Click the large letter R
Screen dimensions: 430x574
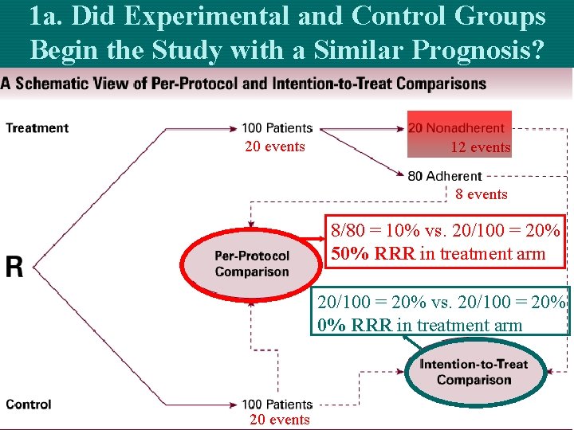pos(15,267)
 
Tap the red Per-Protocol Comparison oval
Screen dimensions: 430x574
pos(251,264)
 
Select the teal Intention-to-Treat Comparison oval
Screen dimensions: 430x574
pos(474,372)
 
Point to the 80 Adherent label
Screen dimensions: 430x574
pos(445,176)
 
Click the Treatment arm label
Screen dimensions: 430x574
pos(37,127)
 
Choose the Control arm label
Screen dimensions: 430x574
pos(29,405)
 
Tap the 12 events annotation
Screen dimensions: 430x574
pos(480,147)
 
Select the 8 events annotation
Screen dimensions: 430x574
pos(482,194)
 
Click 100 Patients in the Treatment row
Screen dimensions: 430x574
pos(277,128)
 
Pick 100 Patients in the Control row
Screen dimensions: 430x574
pos(277,405)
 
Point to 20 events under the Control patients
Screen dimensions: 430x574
pos(279,420)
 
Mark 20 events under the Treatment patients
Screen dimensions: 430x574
pos(275,147)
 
